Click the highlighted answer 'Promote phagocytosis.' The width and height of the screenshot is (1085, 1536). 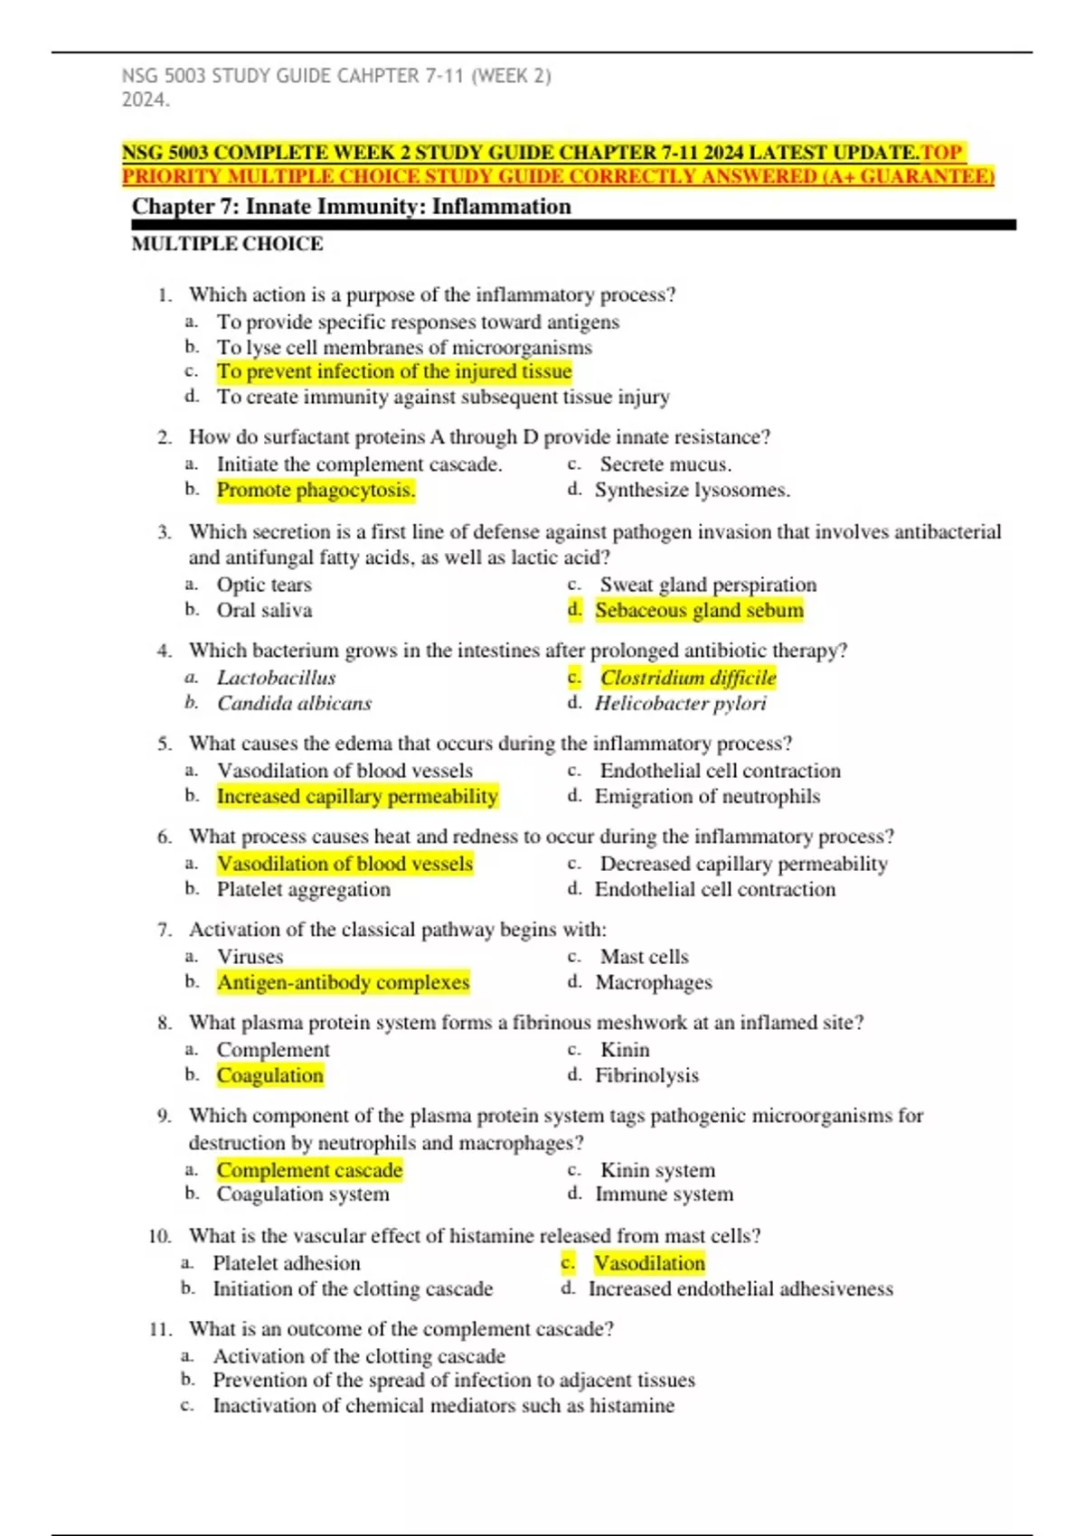point(316,490)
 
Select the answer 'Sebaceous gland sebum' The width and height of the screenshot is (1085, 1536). point(698,610)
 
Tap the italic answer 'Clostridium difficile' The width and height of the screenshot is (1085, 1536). point(688,678)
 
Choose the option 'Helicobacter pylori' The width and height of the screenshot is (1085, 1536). point(680,703)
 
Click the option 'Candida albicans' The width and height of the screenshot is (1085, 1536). point(294,703)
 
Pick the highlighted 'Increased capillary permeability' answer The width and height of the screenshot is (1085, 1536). point(357,796)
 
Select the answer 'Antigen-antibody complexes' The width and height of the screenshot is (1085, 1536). point(343,982)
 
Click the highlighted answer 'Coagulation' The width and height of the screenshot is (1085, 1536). point(269,1075)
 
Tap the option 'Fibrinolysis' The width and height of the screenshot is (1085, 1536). point(646,1075)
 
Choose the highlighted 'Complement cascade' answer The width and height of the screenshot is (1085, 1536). point(309,1170)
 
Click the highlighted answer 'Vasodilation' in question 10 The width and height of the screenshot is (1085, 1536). point(649,1263)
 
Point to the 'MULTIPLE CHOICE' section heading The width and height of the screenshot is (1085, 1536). point(227,244)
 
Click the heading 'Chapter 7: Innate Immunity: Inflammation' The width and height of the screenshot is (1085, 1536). point(352,207)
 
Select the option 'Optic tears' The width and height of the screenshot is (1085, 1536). point(264,585)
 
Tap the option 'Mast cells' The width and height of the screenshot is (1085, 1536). point(644,957)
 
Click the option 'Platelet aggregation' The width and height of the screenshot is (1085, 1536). point(304,889)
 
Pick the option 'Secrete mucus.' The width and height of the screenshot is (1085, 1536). point(665,464)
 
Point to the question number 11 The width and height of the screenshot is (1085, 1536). point(160,1329)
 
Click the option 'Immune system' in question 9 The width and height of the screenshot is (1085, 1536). point(664,1194)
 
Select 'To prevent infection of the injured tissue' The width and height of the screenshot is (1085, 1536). point(394,371)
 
